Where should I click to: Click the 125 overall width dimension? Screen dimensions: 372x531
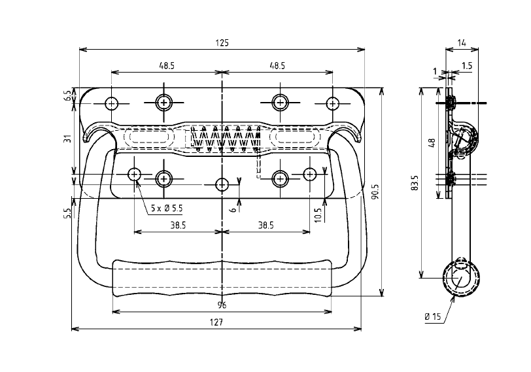[x=222, y=42]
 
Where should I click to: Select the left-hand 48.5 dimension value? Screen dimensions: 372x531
[x=166, y=66]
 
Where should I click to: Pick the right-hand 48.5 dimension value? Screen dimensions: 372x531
[x=277, y=66]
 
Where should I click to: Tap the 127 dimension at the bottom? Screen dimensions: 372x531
[x=217, y=322]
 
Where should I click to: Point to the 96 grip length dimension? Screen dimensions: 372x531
[x=222, y=305]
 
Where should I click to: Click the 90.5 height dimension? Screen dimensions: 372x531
[x=375, y=194]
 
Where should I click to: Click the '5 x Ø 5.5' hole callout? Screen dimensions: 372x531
[x=166, y=208]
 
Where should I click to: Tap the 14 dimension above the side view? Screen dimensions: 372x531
[x=462, y=42]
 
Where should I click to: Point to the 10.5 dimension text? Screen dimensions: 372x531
[x=318, y=214]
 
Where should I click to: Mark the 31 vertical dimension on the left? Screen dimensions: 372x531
[x=68, y=139]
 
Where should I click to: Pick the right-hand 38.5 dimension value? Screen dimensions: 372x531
[x=265, y=225]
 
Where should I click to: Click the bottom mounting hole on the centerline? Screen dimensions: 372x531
[x=222, y=184]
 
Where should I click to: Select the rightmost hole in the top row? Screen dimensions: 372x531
[x=332, y=103]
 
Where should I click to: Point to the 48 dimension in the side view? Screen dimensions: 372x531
[x=432, y=142]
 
